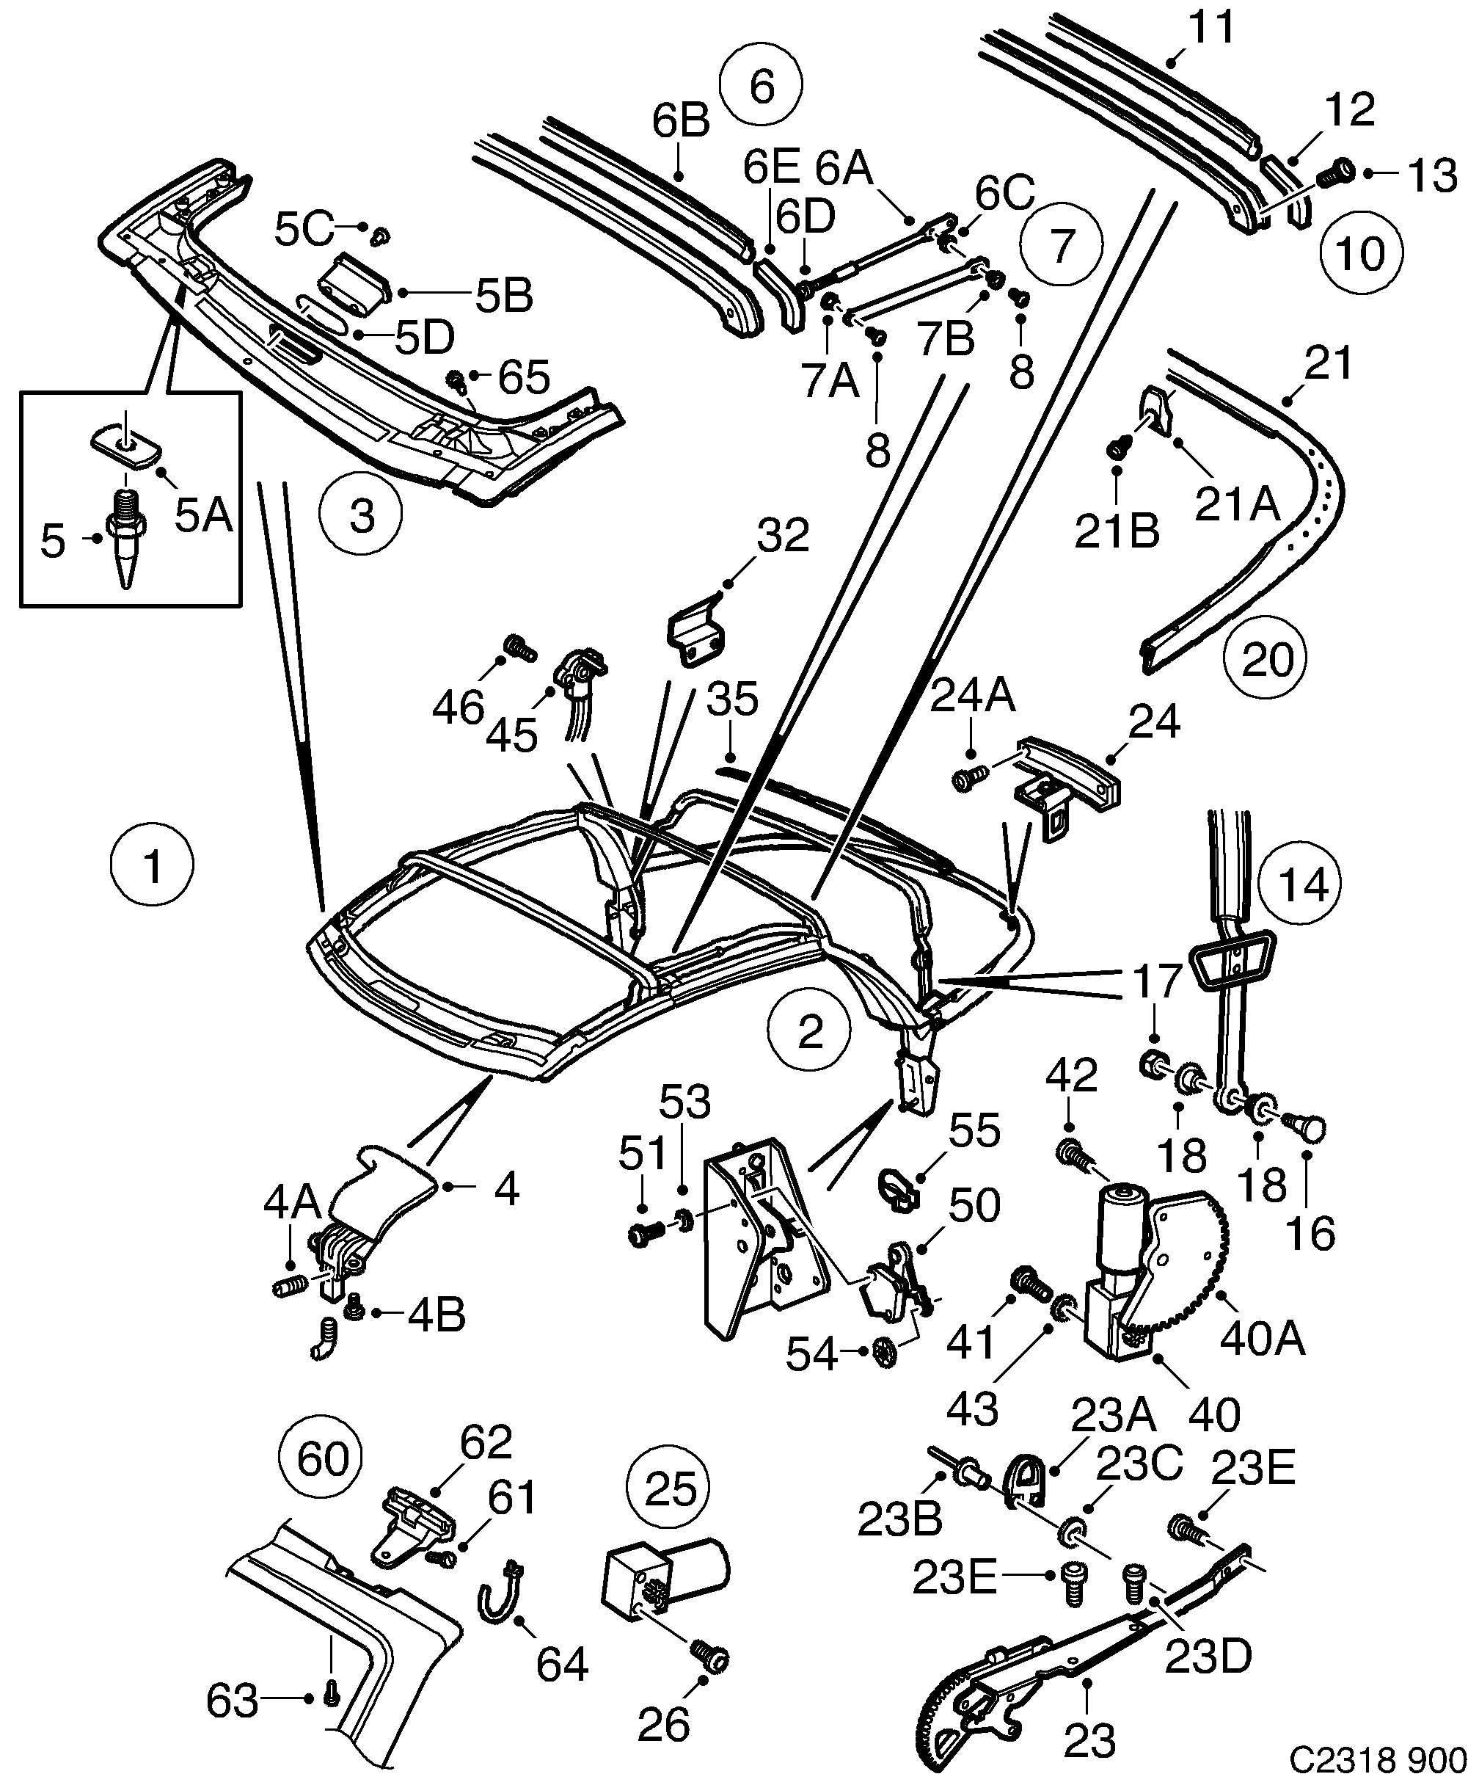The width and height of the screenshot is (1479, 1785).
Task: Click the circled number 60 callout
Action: pos(321,1458)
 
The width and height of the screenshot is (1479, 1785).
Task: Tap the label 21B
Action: pos(1117,532)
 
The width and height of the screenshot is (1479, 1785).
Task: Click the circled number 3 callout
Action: pos(361,516)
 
